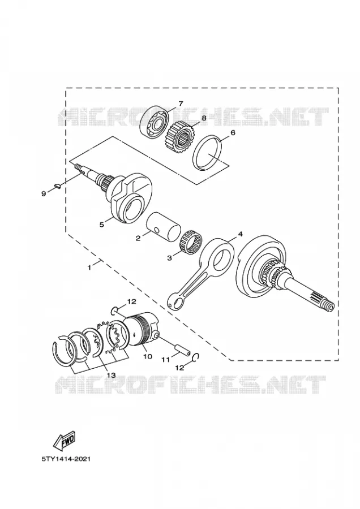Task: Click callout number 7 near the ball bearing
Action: coord(181,103)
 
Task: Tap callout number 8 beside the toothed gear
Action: coord(204,118)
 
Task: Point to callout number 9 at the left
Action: coord(44,194)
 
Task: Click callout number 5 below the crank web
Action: coord(102,225)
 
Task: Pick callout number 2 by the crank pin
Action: coord(138,238)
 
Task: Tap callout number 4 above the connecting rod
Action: coord(240,234)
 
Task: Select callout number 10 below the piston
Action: coord(148,356)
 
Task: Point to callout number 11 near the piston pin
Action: coord(166,360)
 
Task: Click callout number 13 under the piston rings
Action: coord(111,376)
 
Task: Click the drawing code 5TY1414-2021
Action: coord(66,459)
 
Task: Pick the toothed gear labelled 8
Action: coord(179,136)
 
